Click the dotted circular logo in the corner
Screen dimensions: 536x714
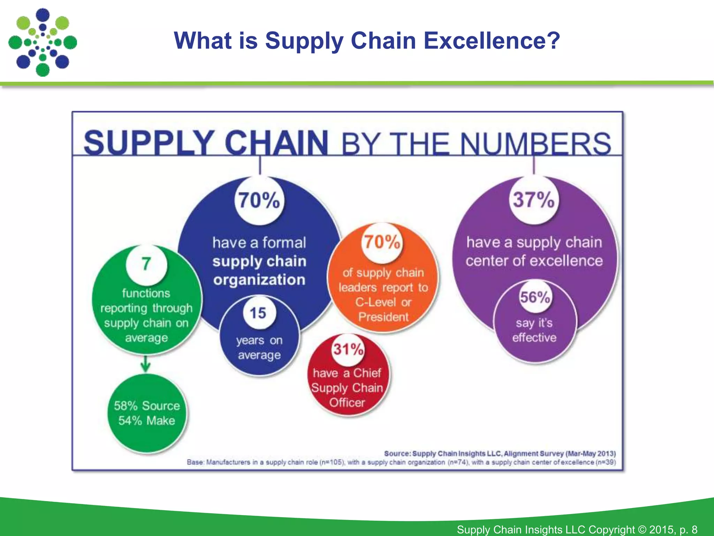[43, 42]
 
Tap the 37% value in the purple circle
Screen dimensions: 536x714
[533, 200]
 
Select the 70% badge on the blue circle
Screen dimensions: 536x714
[259, 201]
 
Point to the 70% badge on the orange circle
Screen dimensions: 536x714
[382, 242]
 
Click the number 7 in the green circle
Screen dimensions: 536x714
[146, 264]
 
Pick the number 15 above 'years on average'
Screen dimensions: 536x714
[258, 313]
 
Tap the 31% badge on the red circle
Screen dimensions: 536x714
[348, 349]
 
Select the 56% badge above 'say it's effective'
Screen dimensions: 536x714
[535, 298]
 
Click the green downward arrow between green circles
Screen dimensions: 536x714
[146, 364]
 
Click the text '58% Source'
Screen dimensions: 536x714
[147, 406]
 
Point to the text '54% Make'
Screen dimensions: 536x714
[146, 421]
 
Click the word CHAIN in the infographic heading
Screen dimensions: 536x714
[276, 143]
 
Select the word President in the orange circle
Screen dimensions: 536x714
[383, 317]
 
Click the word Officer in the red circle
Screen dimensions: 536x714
[347, 403]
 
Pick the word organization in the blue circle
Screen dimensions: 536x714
[259, 280]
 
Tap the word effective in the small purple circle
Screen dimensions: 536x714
[534, 338]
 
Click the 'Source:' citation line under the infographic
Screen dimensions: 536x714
[500, 454]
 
